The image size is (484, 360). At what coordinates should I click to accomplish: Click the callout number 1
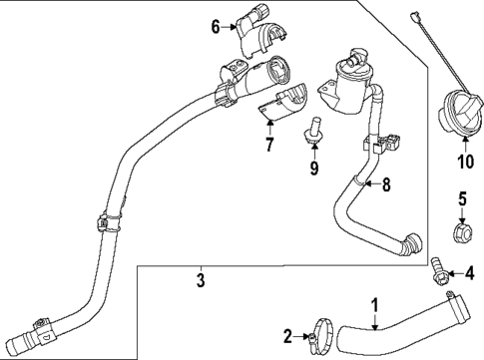(x=375, y=304)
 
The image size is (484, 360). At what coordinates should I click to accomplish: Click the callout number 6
(x=215, y=28)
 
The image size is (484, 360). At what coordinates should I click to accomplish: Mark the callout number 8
(x=388, y=183)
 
